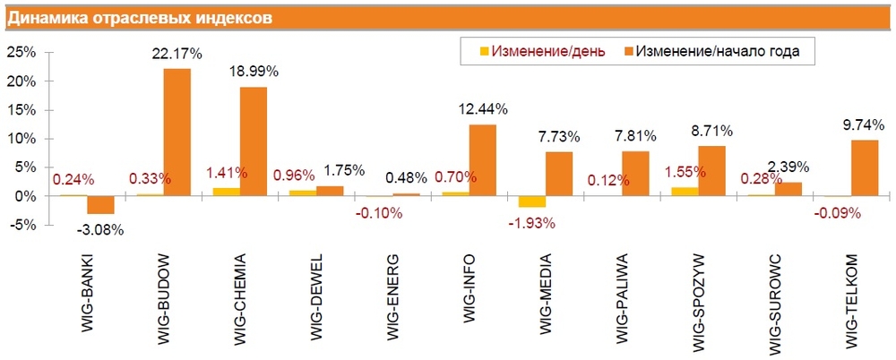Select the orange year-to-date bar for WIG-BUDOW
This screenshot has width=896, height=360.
click(177, 132)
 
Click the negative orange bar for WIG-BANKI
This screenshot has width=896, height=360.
click(100, 204)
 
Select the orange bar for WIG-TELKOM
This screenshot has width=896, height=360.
click(865, 167)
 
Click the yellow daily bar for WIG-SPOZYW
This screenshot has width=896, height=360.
click(685, 191)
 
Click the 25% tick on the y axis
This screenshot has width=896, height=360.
click(22, 53)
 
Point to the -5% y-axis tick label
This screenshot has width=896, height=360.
click(22, 224)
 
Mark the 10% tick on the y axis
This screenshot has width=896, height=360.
click(22, 139)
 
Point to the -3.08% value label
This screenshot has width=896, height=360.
click(101, 229)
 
